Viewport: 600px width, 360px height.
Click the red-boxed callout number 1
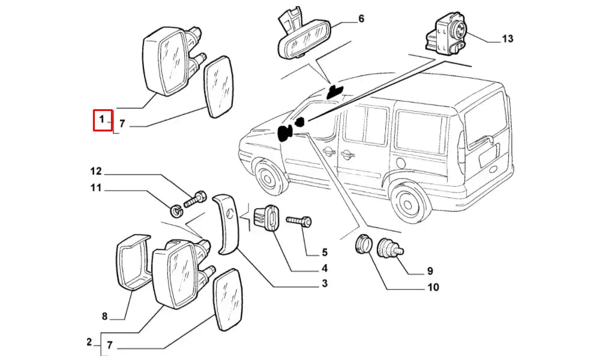tap(102, 119)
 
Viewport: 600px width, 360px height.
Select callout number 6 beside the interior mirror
tap(361, 19)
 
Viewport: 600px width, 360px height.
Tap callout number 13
tap(507, 39)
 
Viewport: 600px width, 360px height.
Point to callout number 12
tap(97, 171)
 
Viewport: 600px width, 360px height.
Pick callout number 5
tap(324, 252)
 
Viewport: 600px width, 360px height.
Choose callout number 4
tap(324, 268)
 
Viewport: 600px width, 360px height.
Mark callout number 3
tap(324, 284)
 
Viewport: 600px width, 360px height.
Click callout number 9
tap(430, 271)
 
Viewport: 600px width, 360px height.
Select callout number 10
tap(432, 287)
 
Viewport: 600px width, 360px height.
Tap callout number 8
tap(104, 316)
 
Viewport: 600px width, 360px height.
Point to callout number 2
tap(89, 343)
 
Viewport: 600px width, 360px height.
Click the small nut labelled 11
tap(176, 211)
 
